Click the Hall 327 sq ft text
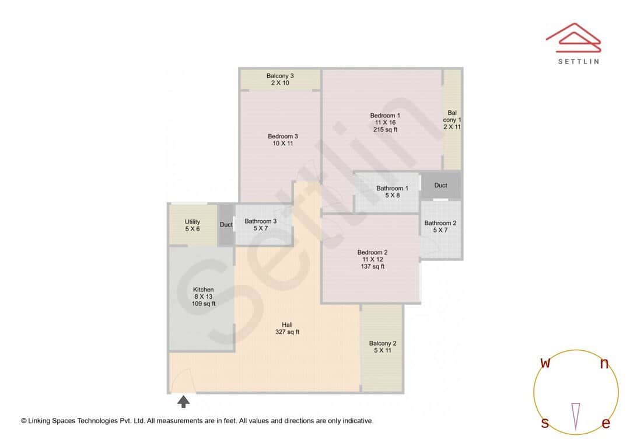pos(287,328)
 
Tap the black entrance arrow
pos(184,401)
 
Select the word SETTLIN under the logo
pos(578,61)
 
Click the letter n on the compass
pos(604,364)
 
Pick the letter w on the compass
pos(545,363)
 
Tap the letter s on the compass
pos(545,423)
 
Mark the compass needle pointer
pos(576,416)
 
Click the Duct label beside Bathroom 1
pos(441,185)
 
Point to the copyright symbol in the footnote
pos(24,421)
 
